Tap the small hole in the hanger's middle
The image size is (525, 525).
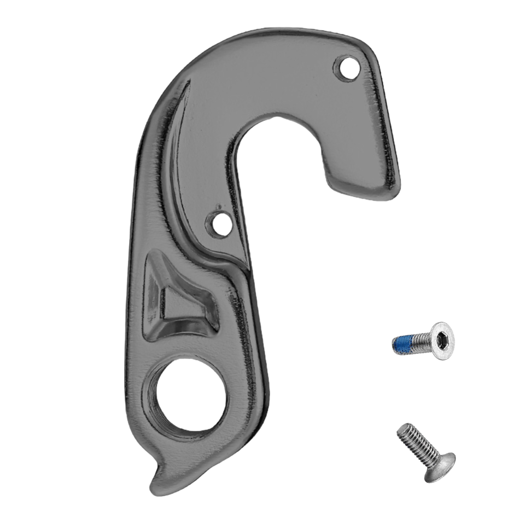click(x=217, y=224)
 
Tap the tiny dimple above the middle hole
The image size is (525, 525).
click(x=218, y=207)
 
